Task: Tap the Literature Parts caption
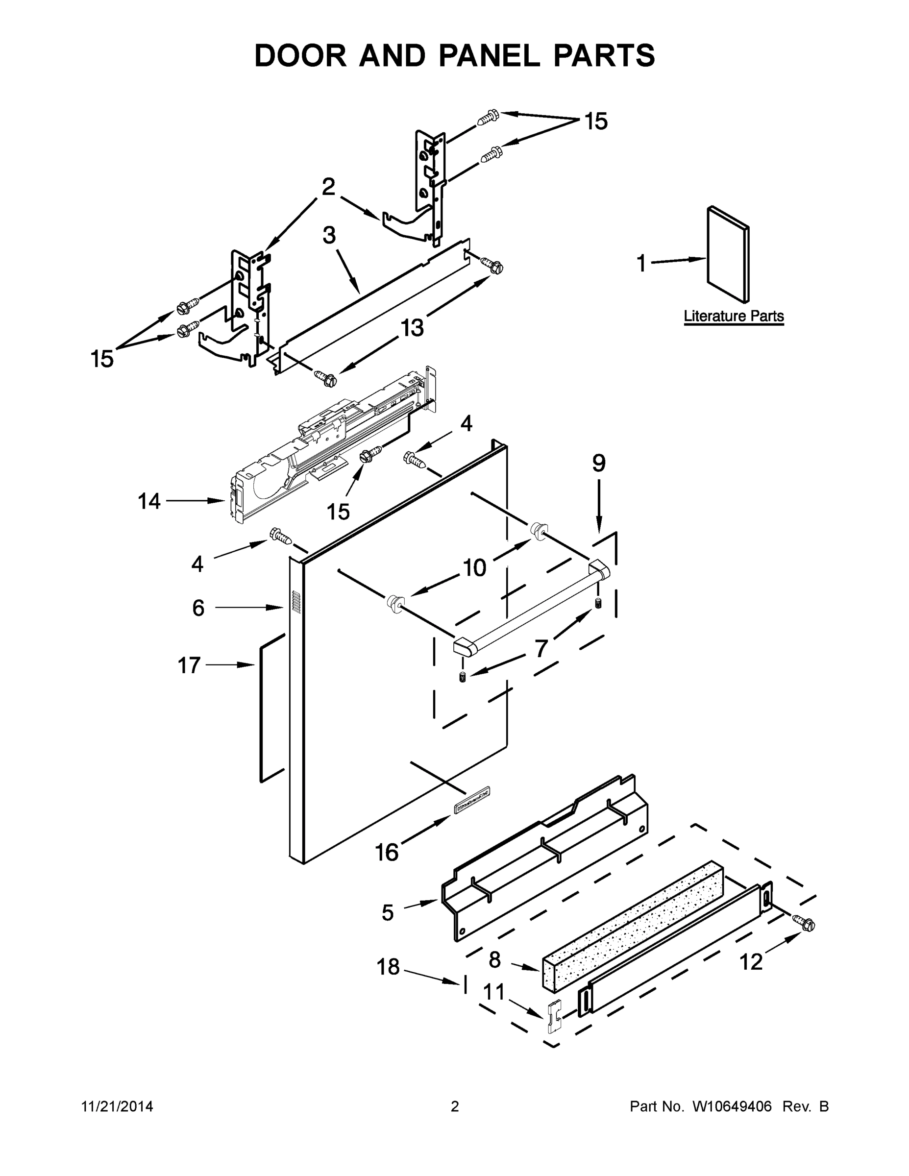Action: click(734, 316)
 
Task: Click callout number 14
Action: click(149, 501)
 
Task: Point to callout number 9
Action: click(599, 463)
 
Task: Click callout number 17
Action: click(189, 665)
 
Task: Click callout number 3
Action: click(329, 235)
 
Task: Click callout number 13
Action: click(413, 327)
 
